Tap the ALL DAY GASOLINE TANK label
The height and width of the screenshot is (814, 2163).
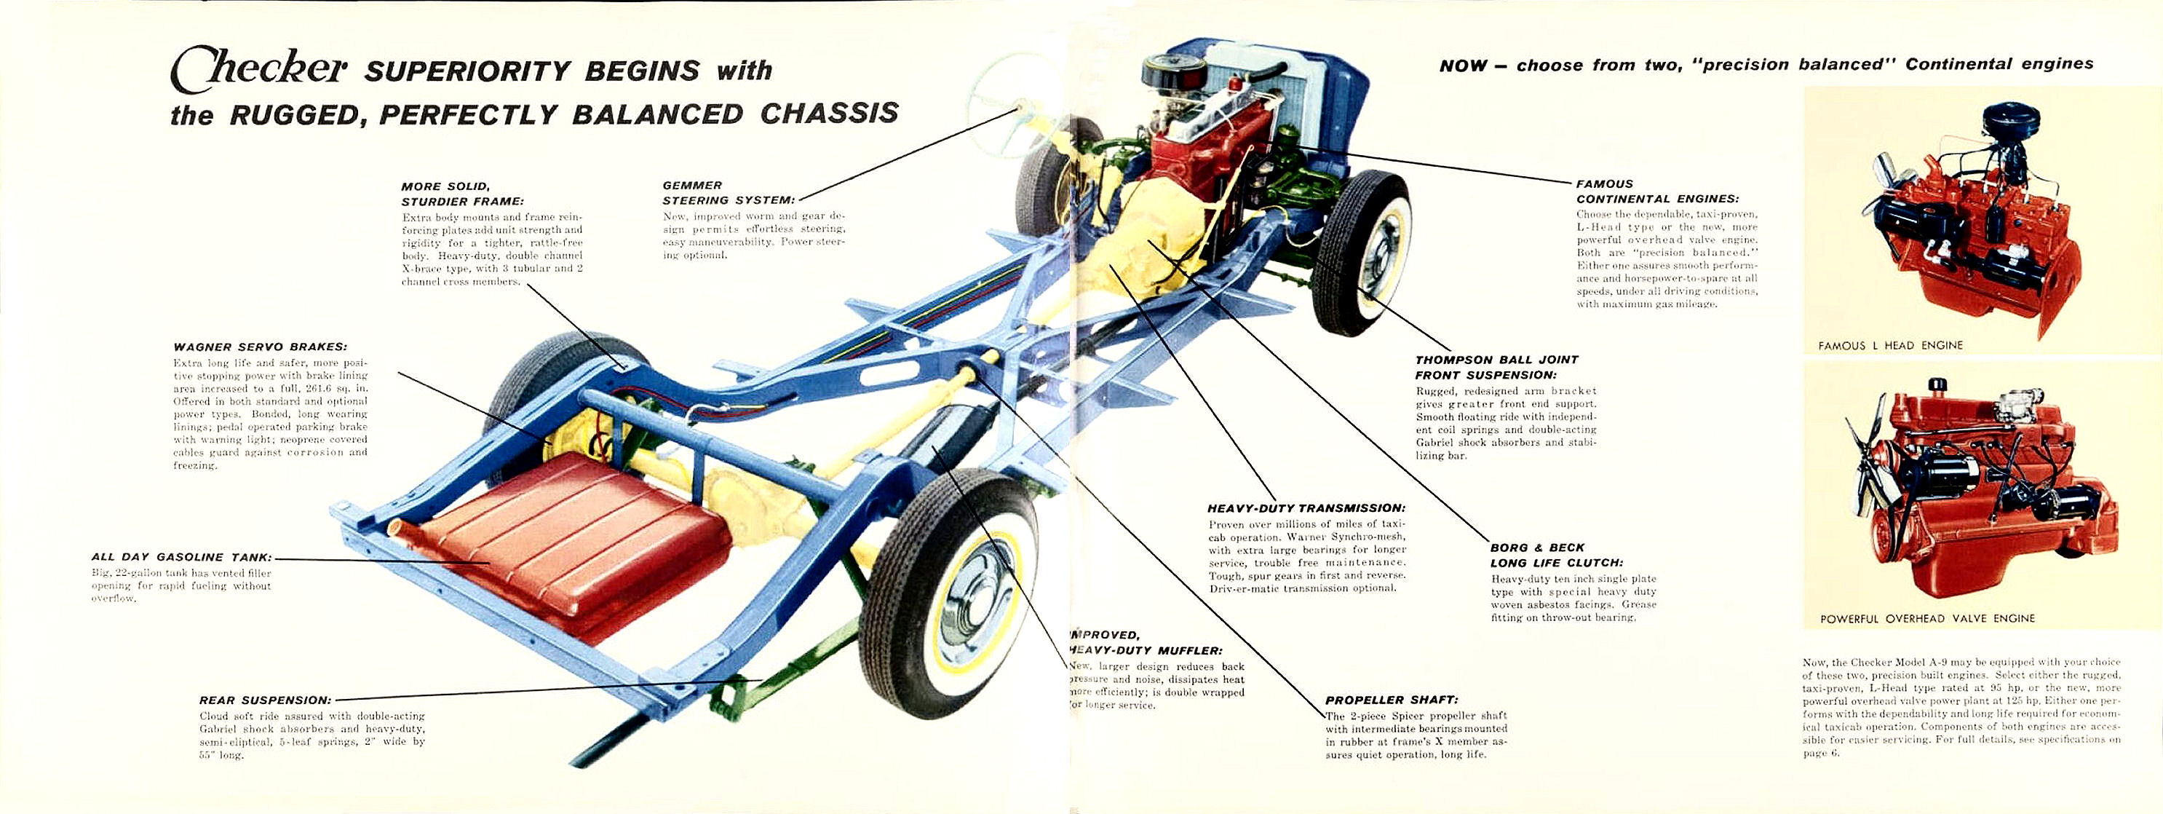pyautogui.click(x=181, y=557)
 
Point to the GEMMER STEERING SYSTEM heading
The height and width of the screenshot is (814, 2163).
pyautogui.click(x=727, y=192)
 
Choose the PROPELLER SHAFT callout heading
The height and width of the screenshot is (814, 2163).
pyautogui.click(x=1392, y=700)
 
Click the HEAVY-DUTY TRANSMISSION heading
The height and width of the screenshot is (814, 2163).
pyautogui.click(x=1306, y=508)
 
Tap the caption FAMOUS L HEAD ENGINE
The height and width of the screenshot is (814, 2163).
pyautogui.click(x=1890, y=345)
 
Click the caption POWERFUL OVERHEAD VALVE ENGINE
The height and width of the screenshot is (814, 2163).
pyautogui.click(x=1927, y=618)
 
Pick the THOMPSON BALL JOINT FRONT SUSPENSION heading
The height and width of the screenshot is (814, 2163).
pyautogui.click(x=1496, y=367)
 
